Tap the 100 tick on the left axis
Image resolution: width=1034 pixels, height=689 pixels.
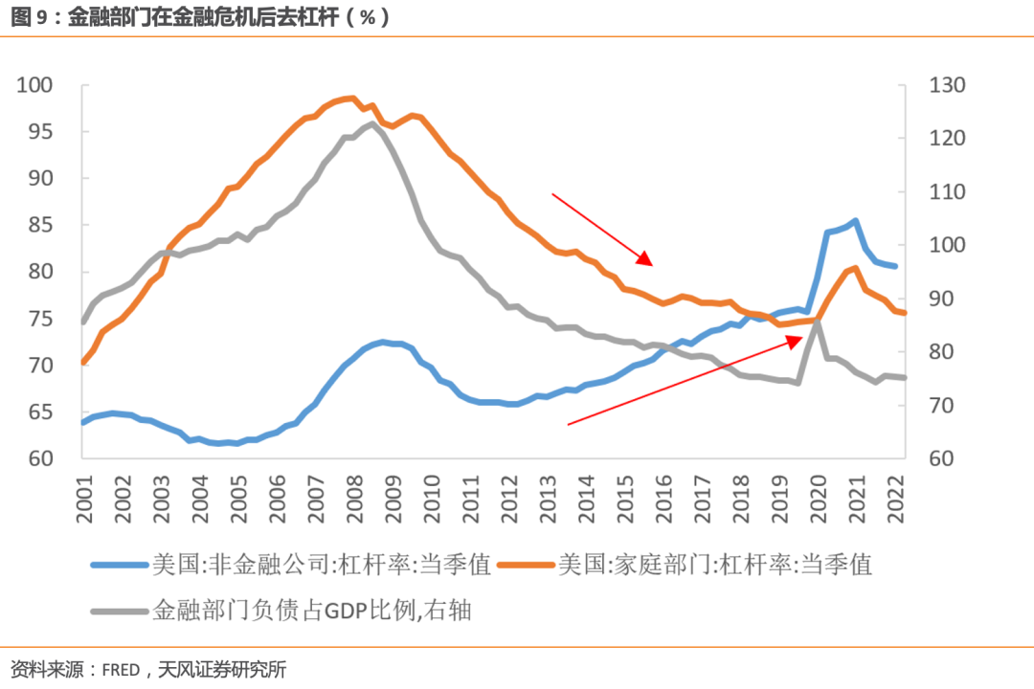pos(37,85)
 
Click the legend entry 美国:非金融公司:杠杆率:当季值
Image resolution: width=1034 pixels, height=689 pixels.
pos(321,565)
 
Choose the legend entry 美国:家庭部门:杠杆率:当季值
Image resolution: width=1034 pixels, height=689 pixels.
pos(715,565)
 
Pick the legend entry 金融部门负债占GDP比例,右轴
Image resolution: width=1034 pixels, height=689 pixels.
pos(311,610)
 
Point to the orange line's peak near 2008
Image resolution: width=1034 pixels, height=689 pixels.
pos(351,98)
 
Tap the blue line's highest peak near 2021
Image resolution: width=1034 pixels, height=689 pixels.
pos(854,220)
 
